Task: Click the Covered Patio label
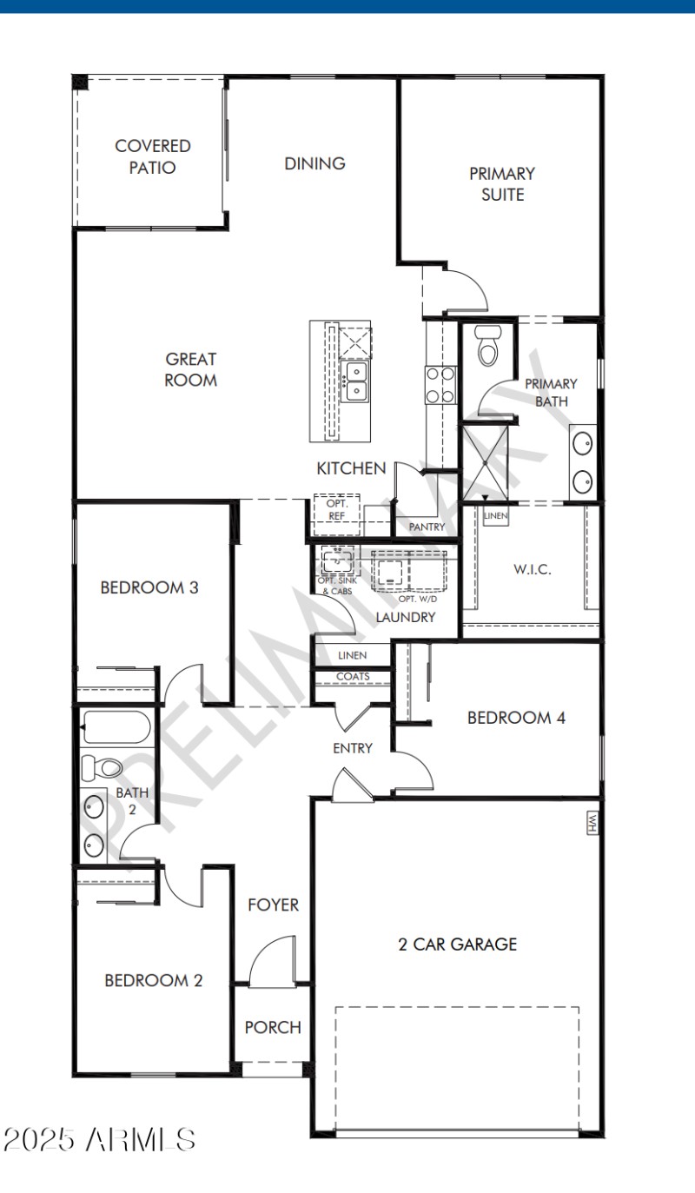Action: pos(152,156)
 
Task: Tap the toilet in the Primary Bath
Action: pos(487,348)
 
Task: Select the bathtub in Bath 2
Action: pos(116,727)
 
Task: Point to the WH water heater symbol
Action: pos(593,822)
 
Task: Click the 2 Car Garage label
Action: pos(457,944)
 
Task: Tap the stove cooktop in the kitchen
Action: pos(440,384)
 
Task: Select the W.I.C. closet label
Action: pos(532,570)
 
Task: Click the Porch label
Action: pos(273,1027)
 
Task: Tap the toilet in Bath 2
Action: pos(103,767)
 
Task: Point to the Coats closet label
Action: pos(352,676)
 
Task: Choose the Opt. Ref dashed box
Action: pos(336,510)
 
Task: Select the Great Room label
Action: pos(190,369)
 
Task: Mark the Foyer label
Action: pos(273,905)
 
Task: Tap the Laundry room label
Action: pos(405,617)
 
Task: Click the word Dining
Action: pos(314,163)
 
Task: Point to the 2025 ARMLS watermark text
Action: pos(99,1138)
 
